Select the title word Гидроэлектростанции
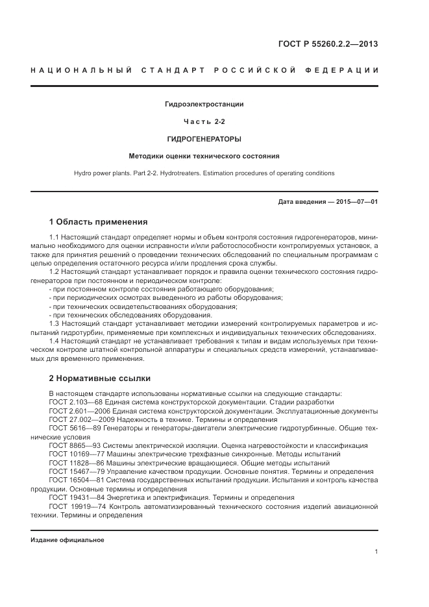204,104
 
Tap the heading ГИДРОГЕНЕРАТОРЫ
204,139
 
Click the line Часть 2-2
204,121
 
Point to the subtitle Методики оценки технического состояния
204,156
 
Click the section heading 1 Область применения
98,222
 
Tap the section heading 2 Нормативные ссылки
99,377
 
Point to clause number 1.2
55,273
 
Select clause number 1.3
55,323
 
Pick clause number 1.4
55,340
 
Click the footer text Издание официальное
67,540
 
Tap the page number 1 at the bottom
376,552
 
